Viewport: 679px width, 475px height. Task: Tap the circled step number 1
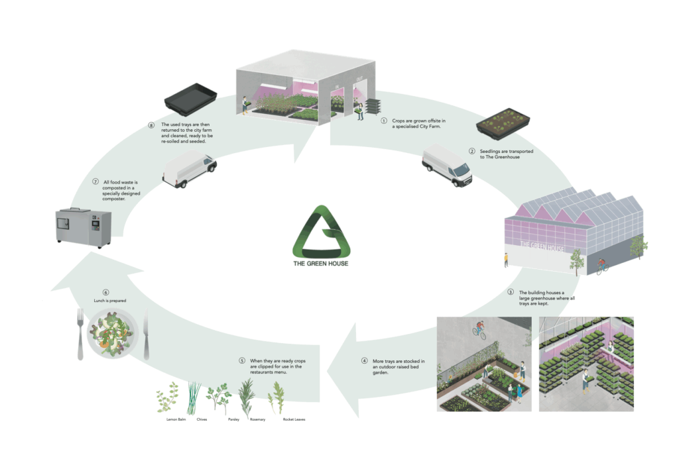tap(383, 121)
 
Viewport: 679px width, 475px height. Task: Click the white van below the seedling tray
tap(448, 166)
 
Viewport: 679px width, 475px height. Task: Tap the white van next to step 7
tap(190, 170)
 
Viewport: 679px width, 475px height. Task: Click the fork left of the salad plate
tap(80, 335)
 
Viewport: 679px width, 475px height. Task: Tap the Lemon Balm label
tap(167, 420)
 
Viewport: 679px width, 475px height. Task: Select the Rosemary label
tap(257, 420)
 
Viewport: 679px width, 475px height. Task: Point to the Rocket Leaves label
tap(294, 420)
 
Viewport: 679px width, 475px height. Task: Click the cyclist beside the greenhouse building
tap(601, 265)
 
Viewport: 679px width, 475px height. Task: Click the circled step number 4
tap(364, 361)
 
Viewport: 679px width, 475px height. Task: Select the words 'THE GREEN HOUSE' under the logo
tap(321, 264)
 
